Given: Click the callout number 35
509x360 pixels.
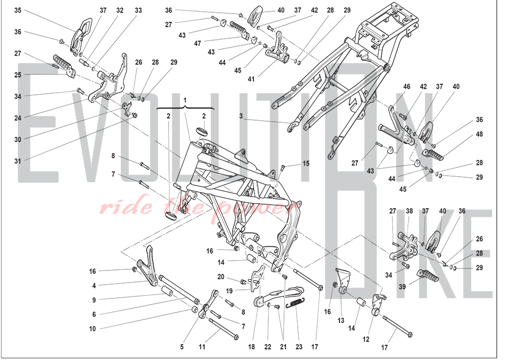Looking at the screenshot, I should click(x=18, y=10).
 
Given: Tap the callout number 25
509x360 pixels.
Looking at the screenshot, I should click(x=18, y=74).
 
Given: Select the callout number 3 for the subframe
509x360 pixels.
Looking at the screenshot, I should click(x=241, y=116).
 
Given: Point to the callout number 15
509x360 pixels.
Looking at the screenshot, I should click(x=305, y=163).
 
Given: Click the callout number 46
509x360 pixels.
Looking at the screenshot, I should click(x=407, y=87).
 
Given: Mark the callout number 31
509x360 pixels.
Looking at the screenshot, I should click(x=18, y=161).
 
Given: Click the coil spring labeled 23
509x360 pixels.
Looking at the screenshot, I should click(x=295, y=304).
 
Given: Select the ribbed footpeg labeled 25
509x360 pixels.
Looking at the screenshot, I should click(x=62, y=63).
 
